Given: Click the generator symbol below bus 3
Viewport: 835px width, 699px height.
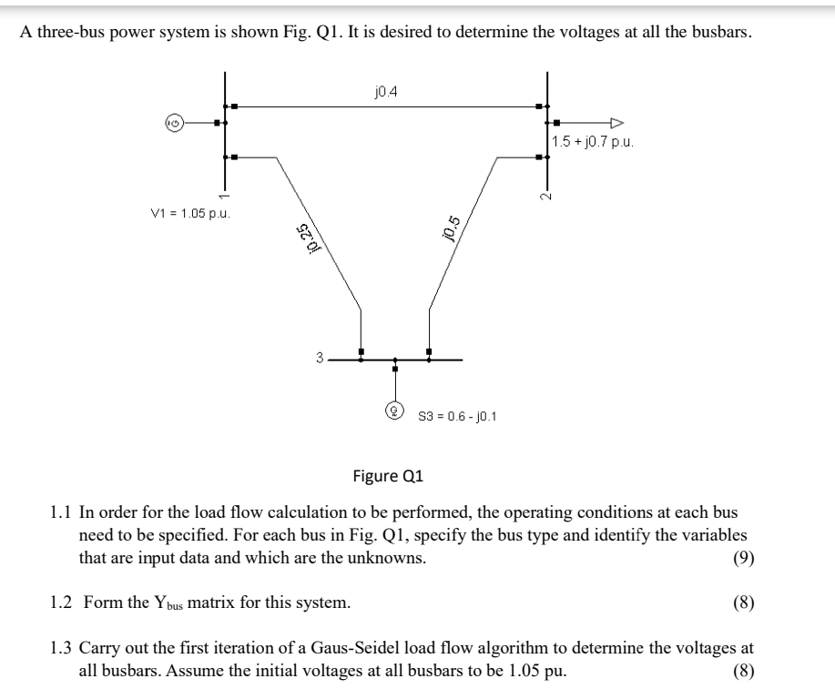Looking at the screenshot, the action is coord(394,410).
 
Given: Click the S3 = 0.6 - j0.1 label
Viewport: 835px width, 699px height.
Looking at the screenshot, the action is coord(456,417).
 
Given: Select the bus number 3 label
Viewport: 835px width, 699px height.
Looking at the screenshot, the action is coord(320,359).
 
